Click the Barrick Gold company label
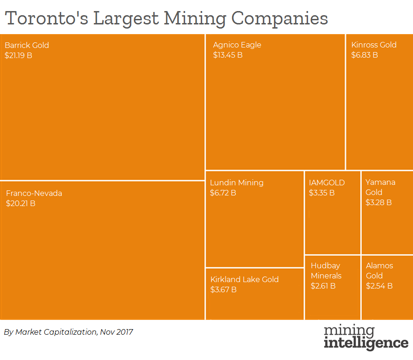pos(27,45)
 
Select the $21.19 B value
pos(18,55)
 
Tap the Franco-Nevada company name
pos(34,193)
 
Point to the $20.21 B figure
pos(21,203)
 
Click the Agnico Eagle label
pos(237,45)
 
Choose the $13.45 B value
pos(228,55)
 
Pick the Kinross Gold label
pos(374,45)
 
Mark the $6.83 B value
pos(365,55)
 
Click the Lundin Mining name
pos(237,183)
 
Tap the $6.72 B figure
pos(223,193)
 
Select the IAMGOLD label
pos(327,183)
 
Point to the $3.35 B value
pos(322,193)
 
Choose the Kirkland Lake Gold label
pos(244,279)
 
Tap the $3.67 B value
pos(223,289)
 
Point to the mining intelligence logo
pos(366,337)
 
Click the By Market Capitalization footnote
pos(69,331)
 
